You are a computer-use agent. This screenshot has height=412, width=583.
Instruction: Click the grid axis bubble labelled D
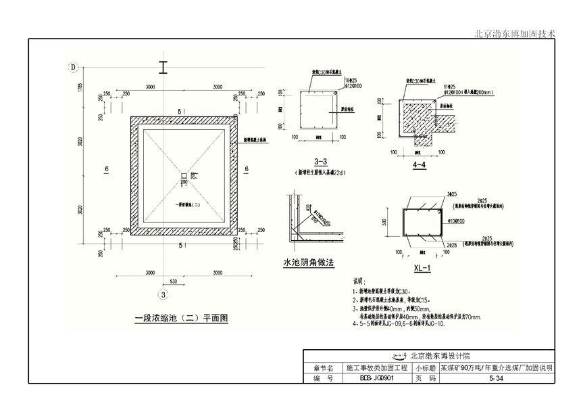click(x=74, y=66)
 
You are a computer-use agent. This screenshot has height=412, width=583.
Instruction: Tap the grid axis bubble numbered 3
click(x=162, y=294)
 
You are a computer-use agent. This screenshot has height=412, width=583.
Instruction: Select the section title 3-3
click(x=321, y=162)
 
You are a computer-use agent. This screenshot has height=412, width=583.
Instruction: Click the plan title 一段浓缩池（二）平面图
click(x=182, y=317)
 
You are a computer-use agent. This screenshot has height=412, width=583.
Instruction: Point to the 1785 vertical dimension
click(x=79, y=87)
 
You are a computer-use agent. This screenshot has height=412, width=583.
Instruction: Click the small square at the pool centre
click(x=183, y=178)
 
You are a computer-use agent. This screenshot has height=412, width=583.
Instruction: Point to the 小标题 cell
click(x=424, y=369)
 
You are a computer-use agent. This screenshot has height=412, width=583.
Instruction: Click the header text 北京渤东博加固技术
click(x=515, y=32)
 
